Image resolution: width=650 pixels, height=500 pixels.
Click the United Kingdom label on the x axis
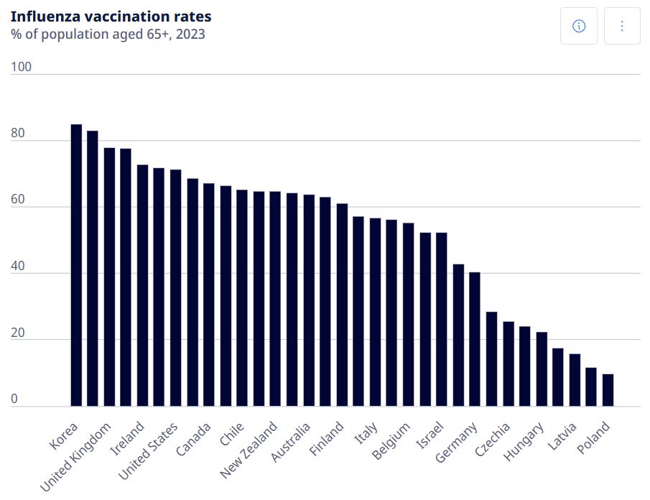(x=75, y=457)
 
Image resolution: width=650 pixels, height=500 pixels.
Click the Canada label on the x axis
(x=194, y=440)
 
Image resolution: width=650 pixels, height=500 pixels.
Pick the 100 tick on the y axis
(x=22, y=67)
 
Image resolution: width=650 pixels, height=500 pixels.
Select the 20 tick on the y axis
(x=19, y=333)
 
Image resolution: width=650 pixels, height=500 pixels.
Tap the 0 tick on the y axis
(x=14, y=399)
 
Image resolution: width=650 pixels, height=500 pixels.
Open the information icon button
(x=579, y=26)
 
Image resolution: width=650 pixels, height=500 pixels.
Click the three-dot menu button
(x=622, y=26)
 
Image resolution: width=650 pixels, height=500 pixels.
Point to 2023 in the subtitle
(x=190, y=34)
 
